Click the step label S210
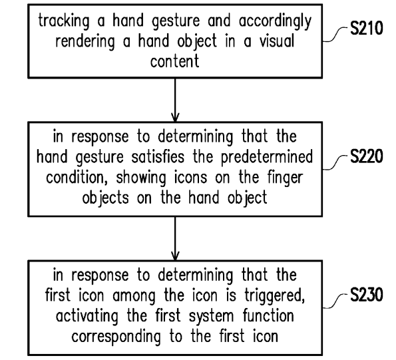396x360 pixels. (367, 28)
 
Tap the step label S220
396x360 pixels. (367, 156)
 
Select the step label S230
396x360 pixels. (367, 294)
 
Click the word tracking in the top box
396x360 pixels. (64, 21)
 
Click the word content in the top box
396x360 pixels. (175, 61)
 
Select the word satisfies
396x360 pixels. (158, 156)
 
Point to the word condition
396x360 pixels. (75, 178)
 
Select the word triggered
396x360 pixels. (274, 295)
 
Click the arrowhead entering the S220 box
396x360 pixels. (175, 117)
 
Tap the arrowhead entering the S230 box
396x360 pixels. (175, 256)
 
